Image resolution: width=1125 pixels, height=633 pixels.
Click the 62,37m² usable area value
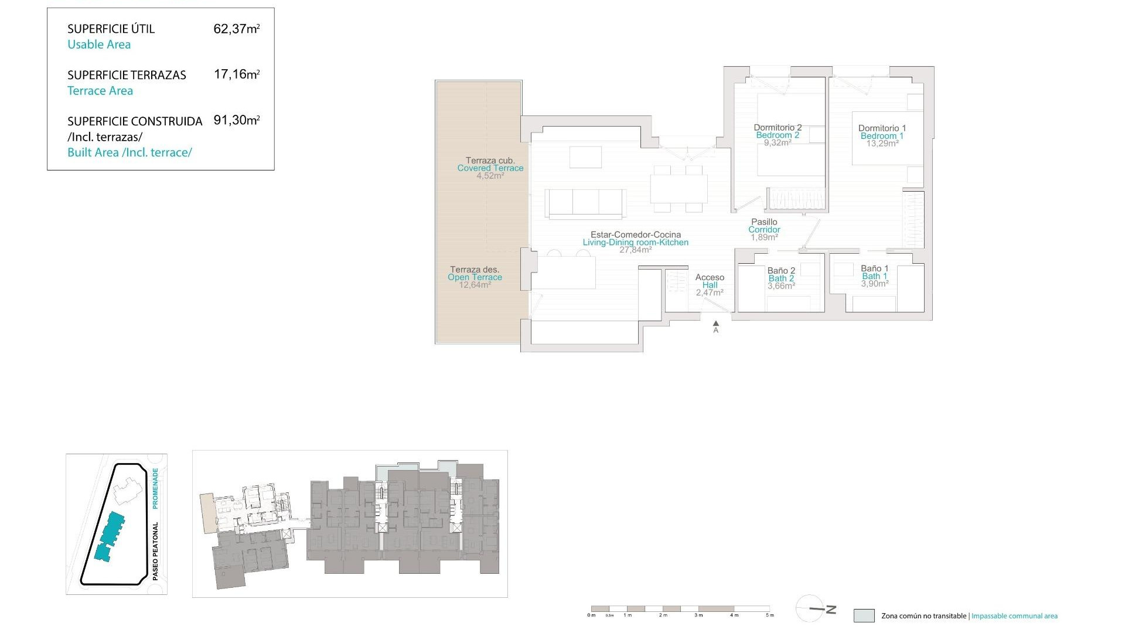pyautogui.click(x=236, y=29)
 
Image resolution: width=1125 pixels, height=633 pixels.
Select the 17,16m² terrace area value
pyautogui.click(x=236, y=74)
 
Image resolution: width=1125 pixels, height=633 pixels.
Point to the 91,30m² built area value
pyautogui.click(x=236, y=120)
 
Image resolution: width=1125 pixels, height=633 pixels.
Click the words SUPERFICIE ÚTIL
pyautogui.click(x=111, y=29)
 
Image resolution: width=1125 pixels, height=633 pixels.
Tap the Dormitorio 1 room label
pyautogui.click(x=882, y=128)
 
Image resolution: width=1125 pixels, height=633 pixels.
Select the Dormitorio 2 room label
pyautogui.click(x=778, y=128)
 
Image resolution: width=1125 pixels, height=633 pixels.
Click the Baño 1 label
pyautogui.click(x=874, y=269)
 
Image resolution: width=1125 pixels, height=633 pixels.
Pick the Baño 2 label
pyautogui.click(x=781, y=271)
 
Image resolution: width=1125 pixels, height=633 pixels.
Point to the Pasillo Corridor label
pyautogui.click(x=764, y=226)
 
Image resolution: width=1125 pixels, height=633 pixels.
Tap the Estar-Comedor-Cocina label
pyautogui.click(x=636, y=234)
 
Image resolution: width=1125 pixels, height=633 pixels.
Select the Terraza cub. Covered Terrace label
pyautogui.click(x=490, y=164)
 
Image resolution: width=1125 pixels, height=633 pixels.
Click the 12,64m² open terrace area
pyautogui.click(x=475, y=285)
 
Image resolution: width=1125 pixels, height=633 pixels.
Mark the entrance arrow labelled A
pyautogui.click(x=715, y=324)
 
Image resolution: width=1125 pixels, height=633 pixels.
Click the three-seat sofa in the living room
pyautogui.click(x=586, y=202)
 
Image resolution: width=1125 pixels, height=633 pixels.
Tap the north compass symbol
pyautogui.click(x=815, y=609)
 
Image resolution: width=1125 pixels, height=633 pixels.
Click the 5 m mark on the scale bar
pyautogui.click(x=770, y=615)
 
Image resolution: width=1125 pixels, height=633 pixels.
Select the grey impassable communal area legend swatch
pyautogui.click(x=864, y=615)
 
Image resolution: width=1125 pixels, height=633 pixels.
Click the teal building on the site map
pyautogui.click(x=110, y=536)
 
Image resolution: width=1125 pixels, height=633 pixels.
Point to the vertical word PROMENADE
pyautogui.click(x=155, y=488)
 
